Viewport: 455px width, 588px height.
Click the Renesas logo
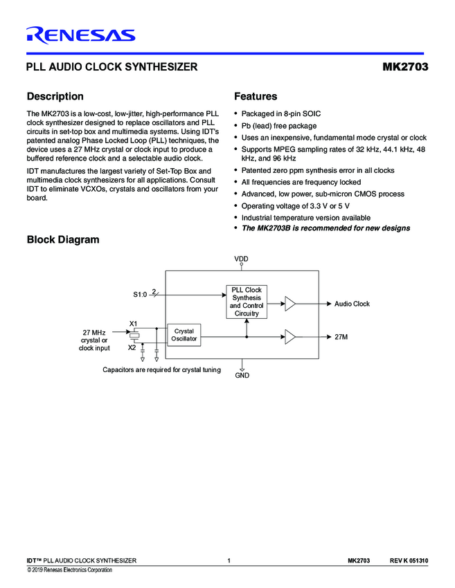pos(80,35)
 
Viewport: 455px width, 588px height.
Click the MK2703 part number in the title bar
pos(405,68)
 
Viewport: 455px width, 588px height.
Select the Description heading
pos(55,97)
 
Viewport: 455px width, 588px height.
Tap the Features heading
pos(256,97)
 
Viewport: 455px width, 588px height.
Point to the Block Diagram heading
pos(62,240)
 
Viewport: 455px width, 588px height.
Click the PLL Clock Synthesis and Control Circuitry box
pos(246,302)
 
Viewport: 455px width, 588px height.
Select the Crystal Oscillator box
pos(184,336)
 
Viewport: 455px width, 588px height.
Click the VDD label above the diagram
pos(241,259)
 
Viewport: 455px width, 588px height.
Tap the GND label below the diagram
pos(242,375)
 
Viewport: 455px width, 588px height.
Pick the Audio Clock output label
pos(352,304)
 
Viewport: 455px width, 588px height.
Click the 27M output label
pos(341,337)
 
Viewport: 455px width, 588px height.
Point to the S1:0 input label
pos(140,295)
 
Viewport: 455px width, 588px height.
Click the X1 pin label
pos(134,324)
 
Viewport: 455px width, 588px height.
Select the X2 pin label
pos(132,347)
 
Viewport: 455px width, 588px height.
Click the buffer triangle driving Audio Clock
pos(290,303)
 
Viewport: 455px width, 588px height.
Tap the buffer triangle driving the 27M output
pos(290,337)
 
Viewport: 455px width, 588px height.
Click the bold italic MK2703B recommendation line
pos(325,228)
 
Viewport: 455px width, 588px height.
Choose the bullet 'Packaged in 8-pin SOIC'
pos(280,113)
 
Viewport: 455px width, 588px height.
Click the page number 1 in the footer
pos(229,560)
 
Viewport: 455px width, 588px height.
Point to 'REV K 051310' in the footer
pos(409,560)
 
